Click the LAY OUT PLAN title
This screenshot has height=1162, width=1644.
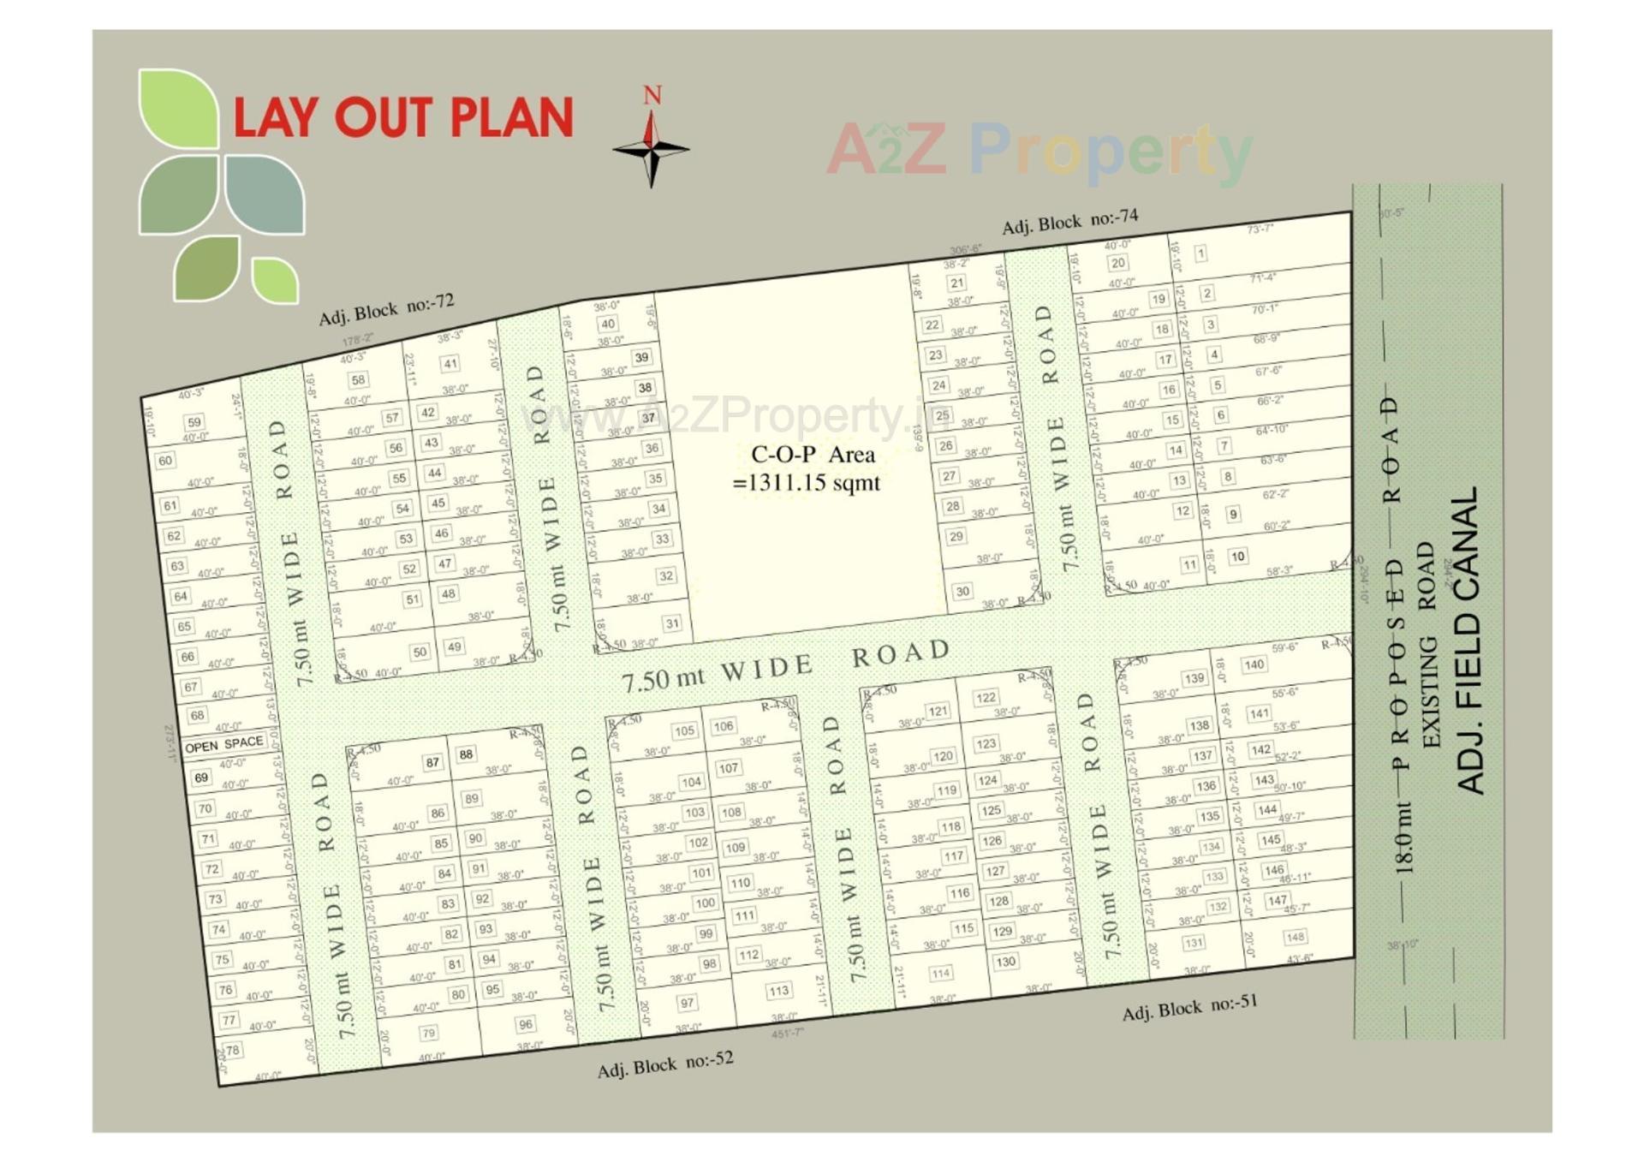pyautogui.click(x=402, y=117)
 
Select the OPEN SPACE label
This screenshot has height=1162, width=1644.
pyautogui.click(x=224, y=744)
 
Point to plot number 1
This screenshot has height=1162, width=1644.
pyautogui.click(x=1200, y=253)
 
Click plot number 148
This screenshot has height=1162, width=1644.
pyautogui.click(x=1295, y=937)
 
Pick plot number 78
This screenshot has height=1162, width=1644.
pyautogui.click(x=232, y=1050)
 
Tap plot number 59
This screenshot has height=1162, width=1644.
pyautogui.click(x=194, y=421)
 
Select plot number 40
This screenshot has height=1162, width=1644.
pyautogui.click(x=607, y=324)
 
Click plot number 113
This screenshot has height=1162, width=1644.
pyautogui.click(x=777, y=991)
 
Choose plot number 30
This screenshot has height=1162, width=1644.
pyautogui.click(x=962, y=591)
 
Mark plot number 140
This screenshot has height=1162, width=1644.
pyautogui.click(x=1254, y=664)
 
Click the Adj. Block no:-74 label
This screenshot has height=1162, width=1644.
pyautogui.click(x=1069, y=222)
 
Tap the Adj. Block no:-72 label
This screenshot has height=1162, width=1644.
pyautogui.click(x=386, y=309)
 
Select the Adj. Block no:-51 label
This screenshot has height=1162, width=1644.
pyautogui.click(x=1189, y=1007)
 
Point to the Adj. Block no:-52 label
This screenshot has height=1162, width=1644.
pyautogui.click(x=665, y=1064)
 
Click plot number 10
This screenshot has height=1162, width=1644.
pyautogui.click(x=1237, y=557)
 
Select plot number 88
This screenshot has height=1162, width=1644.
pyautogui.click(x=466, y=754)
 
